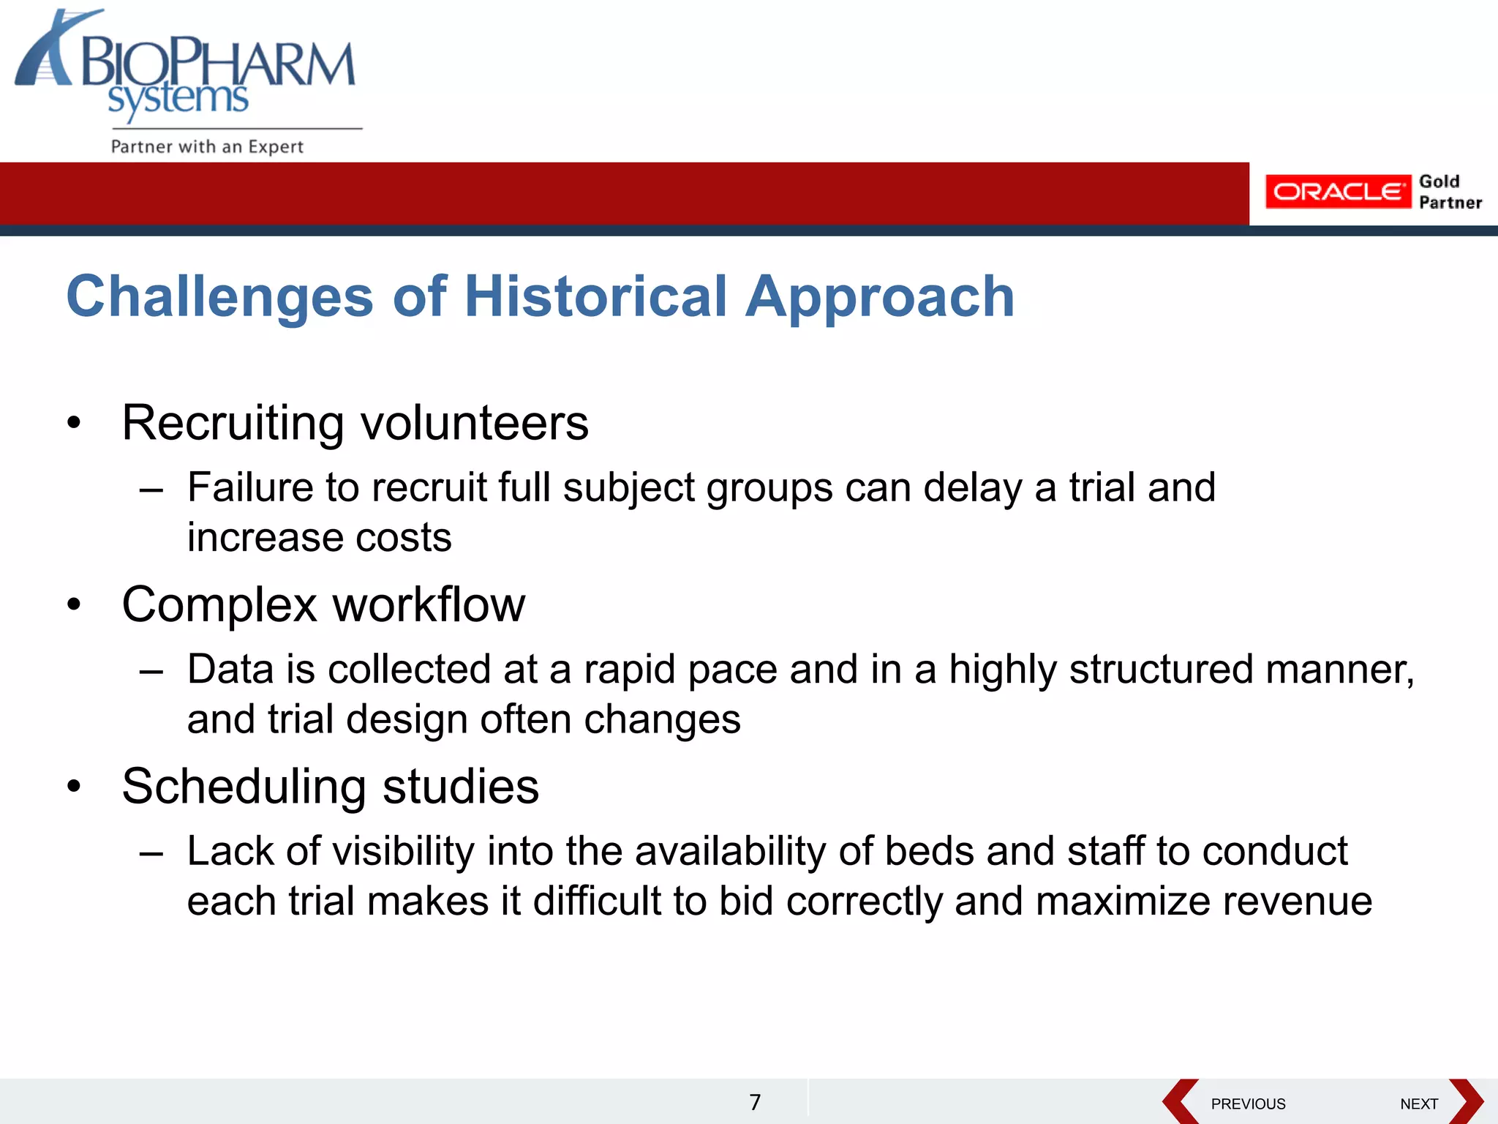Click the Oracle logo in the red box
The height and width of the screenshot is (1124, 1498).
point(1337,192)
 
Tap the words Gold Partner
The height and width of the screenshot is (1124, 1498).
point(1449,192)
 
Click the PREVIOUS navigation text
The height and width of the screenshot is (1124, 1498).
point(1248,1104)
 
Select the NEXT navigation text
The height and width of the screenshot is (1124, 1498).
point(1419,1104)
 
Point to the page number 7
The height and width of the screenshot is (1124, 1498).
point(755,1102)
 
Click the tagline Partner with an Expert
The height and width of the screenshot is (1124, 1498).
point(207,146)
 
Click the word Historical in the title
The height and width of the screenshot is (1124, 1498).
point(595,296)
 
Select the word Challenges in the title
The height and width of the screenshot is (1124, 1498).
point(219,296)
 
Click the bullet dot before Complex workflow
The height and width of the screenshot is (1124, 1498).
point(74,605)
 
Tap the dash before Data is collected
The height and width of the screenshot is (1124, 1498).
point(151,670)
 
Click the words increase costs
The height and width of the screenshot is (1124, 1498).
point(319,538)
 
